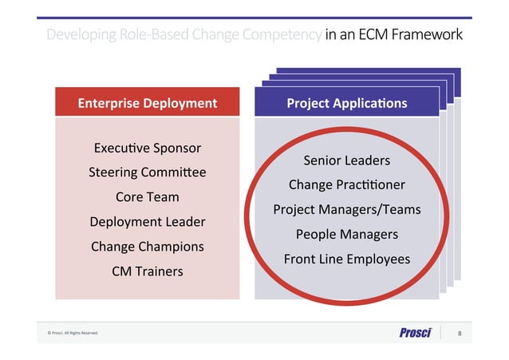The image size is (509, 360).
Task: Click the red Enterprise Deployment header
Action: point(147,103)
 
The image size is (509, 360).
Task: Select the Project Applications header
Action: point(346,103)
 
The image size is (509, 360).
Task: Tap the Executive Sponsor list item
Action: point(147,148)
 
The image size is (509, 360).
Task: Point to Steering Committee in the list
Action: point(147,172)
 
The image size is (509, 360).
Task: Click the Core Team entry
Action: point(147,197)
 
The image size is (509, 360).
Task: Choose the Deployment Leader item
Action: point(147,222)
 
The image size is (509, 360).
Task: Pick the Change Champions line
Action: point(147,247)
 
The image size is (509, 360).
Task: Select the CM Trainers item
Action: point(147,271)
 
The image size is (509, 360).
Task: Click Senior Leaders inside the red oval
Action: point(346,160)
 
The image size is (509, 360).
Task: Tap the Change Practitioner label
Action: point(346,185)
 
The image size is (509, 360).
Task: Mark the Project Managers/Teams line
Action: point(346,210)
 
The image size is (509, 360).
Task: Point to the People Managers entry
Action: point(346,235)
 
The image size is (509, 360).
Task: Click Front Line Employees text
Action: point(346,259)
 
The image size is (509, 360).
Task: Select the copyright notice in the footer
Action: point(73,333)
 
